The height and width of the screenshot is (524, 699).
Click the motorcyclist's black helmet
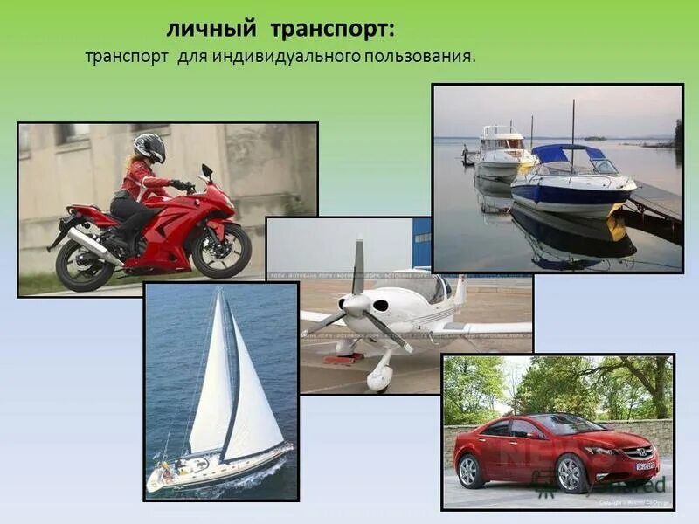(149, 147)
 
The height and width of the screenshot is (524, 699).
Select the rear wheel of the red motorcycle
(84, 263)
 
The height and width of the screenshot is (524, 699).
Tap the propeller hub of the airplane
(356, 304)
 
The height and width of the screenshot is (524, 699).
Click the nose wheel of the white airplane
(379, 377)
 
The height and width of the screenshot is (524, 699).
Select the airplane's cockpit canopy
(419, 288)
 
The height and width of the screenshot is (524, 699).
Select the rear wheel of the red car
(469, 472)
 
